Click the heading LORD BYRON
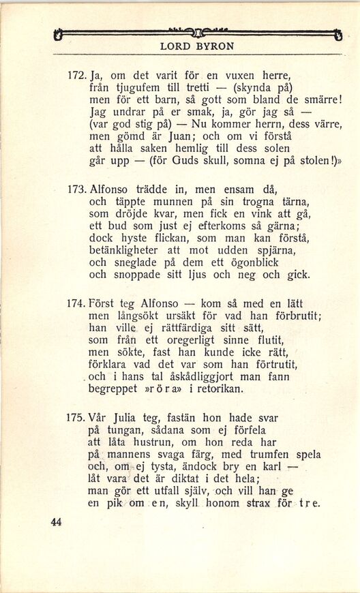point(196,47)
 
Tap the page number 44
point(56,521)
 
